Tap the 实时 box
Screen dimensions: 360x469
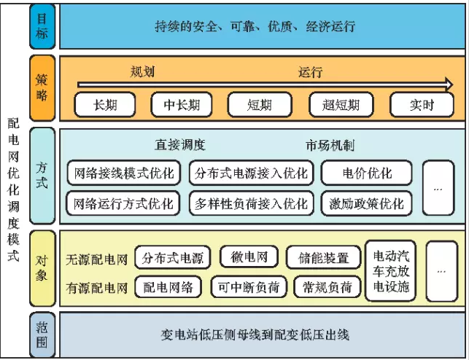click(x=421, y=105)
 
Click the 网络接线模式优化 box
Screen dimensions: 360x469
click(x=125, y=173)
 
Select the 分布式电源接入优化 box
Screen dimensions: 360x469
click(x=251, y=173)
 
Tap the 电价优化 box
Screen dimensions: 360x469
click(x=366, y=173)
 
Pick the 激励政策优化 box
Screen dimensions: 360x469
click(x=366, y=203)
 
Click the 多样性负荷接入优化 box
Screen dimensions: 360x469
click(x=251, y=203)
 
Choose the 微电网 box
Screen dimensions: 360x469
click(x=249, y=257)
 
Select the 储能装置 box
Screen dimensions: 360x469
click(x=323, y=257)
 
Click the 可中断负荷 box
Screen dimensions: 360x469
click(x=249, y=286)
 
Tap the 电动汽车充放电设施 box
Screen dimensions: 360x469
click(x=390, y=271)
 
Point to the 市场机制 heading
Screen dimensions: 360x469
click(x=330, y=146)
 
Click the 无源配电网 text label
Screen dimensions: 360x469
click(x=96, y=259)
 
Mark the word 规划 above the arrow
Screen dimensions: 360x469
click(x=142, y=72)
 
